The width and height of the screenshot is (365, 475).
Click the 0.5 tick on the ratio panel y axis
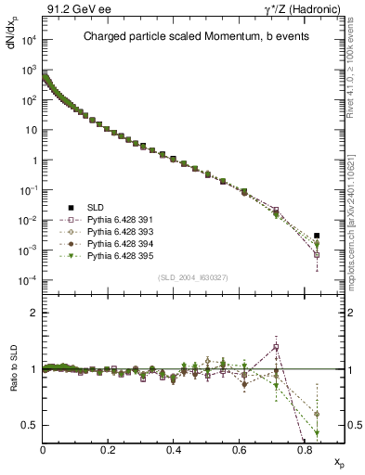pos(33,425)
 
